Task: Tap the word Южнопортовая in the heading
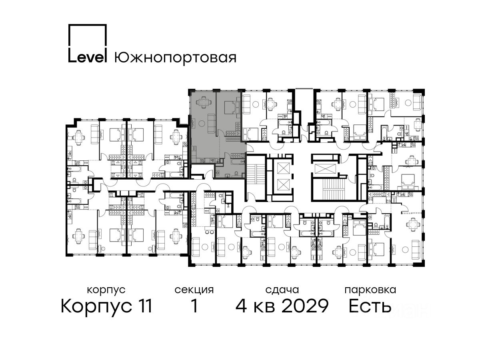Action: [x=175, y=58]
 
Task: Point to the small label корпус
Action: [x=106, y=290]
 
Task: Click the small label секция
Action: [x=194, y=290]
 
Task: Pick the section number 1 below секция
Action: [x=194, y=306]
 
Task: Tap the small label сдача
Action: [x=282, y=290]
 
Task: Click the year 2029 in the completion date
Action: [x=305, y=306]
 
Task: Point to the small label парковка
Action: [x=370, y=290]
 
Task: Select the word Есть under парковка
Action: [x=370, y=306]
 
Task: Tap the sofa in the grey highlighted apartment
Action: [x=211, y=123]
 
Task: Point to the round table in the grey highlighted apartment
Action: [x=202, y=124]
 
